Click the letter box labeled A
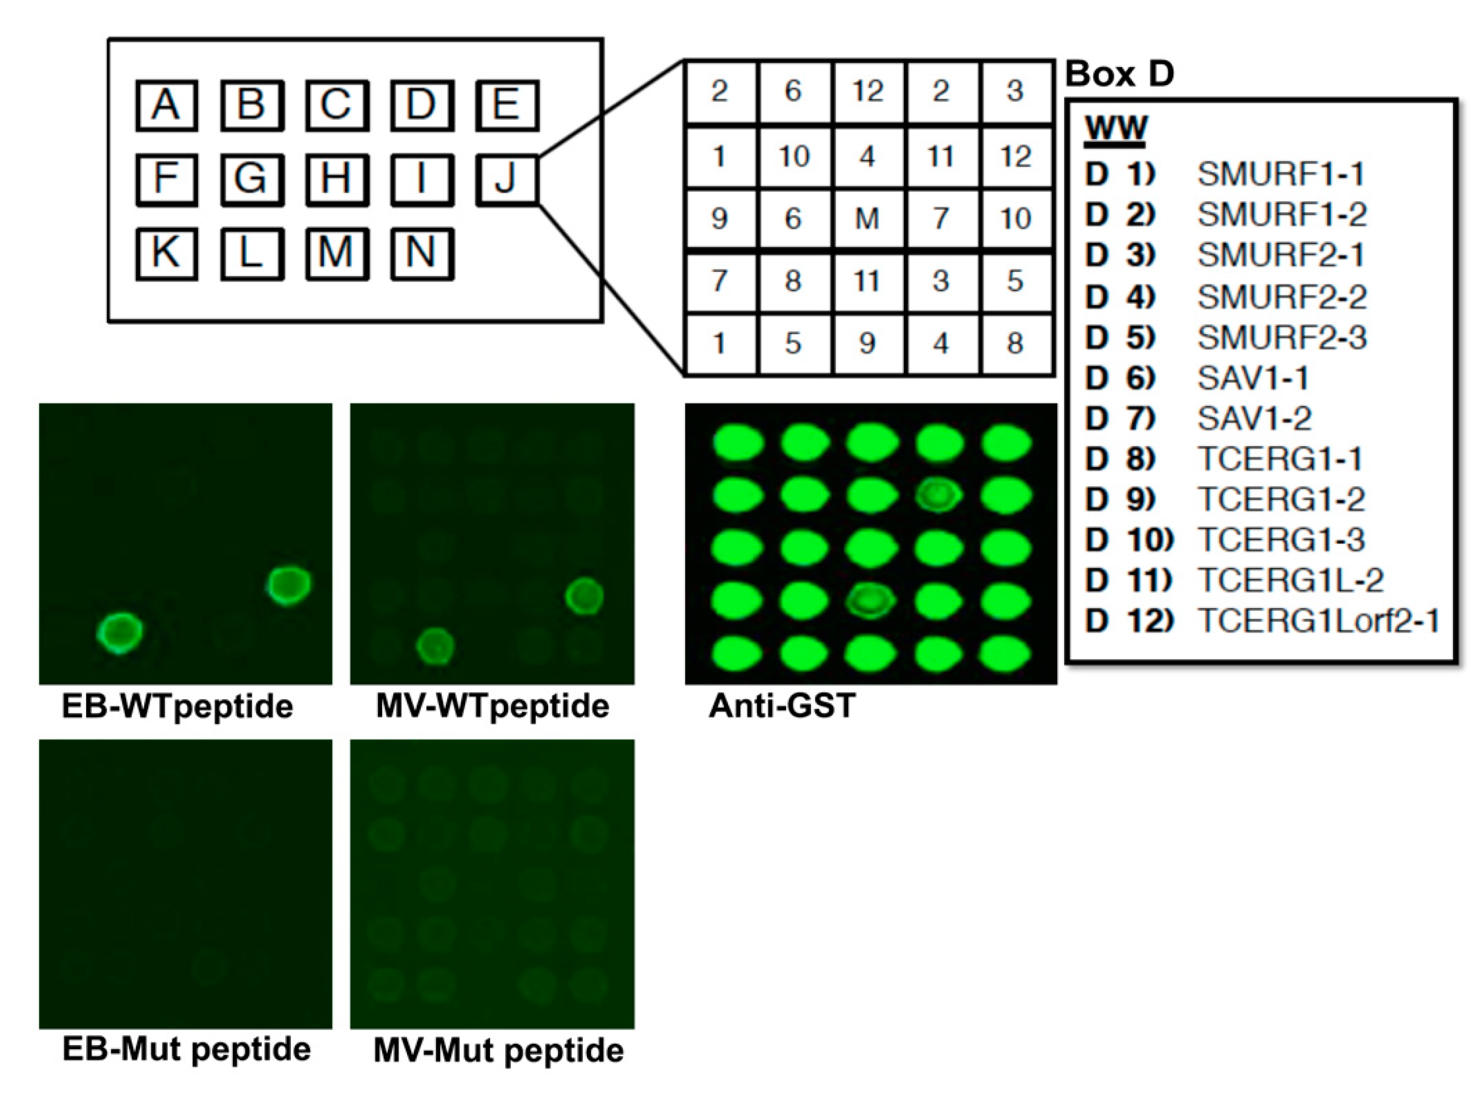point(166,105)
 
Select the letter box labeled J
point(506,179)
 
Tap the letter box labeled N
point(422,254)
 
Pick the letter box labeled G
point(252,179)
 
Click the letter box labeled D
point(422,105)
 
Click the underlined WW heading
point(1115,128)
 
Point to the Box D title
point(1119,74)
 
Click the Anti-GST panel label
point(782,706)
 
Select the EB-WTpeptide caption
point(177,706)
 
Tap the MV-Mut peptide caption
point(498,1050)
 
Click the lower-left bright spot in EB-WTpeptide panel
point(120,633)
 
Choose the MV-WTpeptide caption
point(492,706)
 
